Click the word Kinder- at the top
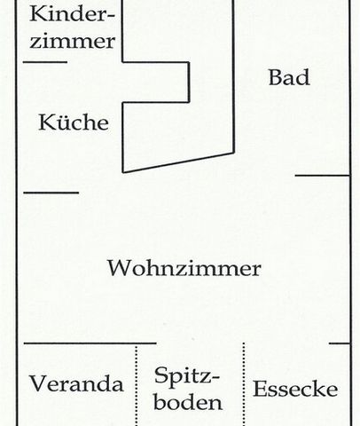(72, 14)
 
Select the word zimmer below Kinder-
(72, 42)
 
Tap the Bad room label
(289, 77)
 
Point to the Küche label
(74, 122)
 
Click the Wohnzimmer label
(184, 268)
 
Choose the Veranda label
(76, 383)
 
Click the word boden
(188, 402)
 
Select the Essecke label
(295, 389)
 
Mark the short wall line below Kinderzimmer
(45, 62)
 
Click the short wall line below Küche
(51, 193)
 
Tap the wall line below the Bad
(323, 176)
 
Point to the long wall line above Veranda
(90, 343)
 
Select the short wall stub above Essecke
(340, 343)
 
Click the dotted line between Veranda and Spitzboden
(137, 385)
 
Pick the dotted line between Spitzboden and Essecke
(244, 384)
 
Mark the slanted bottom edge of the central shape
(178, 162)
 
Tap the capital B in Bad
(275, 77)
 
